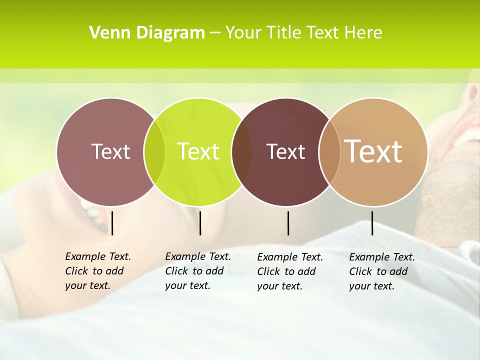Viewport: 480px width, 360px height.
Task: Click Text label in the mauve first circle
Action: [110, 151]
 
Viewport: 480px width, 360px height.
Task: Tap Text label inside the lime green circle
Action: [198, 151]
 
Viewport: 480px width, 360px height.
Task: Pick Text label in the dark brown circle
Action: [285, 151]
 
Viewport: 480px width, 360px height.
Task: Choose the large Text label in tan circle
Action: [373, 151]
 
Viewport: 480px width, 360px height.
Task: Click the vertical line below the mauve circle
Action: [112, 223]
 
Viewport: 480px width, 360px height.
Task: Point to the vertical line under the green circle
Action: [200, 223]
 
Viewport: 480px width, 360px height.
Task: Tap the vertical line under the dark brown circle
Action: [288, 223]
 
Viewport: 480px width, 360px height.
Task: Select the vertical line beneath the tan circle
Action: [372, 223]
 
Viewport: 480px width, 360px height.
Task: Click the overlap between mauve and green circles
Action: [154, 151]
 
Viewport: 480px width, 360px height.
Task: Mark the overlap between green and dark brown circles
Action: [242, 151]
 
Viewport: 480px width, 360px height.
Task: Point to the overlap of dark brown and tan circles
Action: [329, 151]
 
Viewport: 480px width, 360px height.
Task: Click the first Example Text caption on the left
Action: [97, 271]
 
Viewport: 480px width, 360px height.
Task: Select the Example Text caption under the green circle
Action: [197, 271]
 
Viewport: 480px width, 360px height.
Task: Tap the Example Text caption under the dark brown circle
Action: [289, 271]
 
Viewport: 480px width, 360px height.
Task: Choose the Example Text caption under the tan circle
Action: [381, 271]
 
